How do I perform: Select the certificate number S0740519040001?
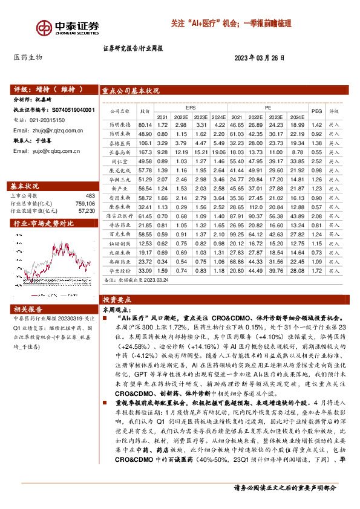pyautogui.click(x=73, y=111)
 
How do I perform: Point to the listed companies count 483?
pyautogui.click(x=90, y=196)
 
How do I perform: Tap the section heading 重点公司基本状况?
pyautogui.click(x=131, y=91)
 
